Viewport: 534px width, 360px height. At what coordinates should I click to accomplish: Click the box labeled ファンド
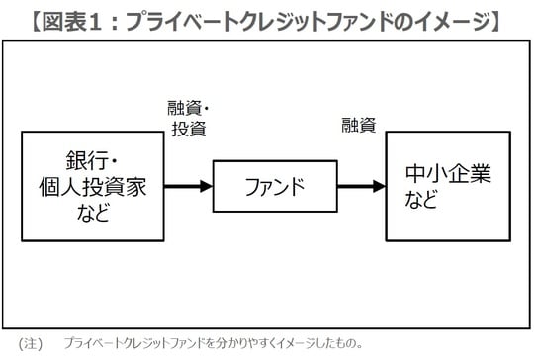pyautogui.click(x=273, y=186)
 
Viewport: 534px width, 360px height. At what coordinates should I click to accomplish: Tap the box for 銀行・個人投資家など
pyautogui.click(x=92, y=186)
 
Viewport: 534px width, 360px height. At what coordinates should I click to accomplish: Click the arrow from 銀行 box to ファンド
pyautogui.click(x=188, y=186)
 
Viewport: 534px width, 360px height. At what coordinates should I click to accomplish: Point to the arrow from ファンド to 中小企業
pyautogui.click(x=359, y=186)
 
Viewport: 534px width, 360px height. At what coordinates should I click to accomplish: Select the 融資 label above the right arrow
pyautogui.click(x=359, y=126)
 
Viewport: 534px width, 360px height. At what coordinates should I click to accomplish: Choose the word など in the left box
pyautogui.click(x=92, y=211)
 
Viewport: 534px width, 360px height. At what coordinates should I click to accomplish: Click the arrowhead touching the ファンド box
pyautogui.click(x=206, y=186)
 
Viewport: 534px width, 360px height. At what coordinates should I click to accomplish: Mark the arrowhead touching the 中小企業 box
pyautogui.click(x=378, y=186)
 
